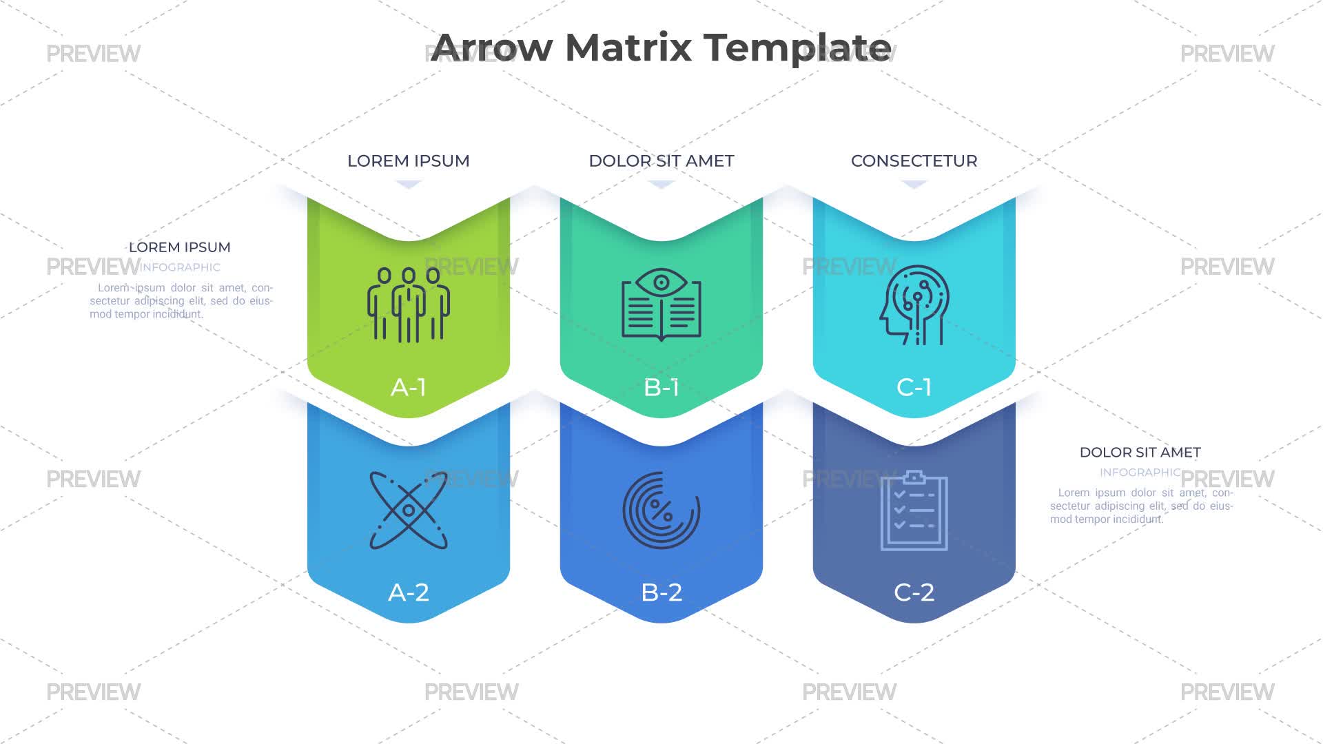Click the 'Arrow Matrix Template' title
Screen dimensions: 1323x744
point(661,48)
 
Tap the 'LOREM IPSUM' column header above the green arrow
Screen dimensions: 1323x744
point(409,161)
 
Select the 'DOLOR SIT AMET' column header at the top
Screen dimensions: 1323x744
point(661,161)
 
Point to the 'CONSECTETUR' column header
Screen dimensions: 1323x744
point(914,161)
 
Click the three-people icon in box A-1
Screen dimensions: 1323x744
point(409,304)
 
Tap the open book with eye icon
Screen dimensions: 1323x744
point(661,304)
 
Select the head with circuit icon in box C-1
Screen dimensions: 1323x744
point(914,304)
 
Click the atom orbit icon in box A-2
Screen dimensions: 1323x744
point(409,510)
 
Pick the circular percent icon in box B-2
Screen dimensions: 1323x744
point(661,510)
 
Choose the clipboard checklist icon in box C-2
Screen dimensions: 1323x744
point(914,510)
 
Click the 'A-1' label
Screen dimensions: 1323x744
point(409,387)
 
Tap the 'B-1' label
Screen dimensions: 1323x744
point(661,387)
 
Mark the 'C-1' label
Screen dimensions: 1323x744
point(914,387)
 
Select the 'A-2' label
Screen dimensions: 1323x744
point(409,592)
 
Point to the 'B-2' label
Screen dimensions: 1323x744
point(661,592)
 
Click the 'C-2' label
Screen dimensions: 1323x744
point(914,592)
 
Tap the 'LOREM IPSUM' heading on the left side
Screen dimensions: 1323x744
point(180,247)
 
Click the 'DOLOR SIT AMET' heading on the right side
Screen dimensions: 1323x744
point(1140,453)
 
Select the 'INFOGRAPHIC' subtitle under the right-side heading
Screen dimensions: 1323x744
point(1140,473)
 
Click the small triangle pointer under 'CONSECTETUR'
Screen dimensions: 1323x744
point(914,184)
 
